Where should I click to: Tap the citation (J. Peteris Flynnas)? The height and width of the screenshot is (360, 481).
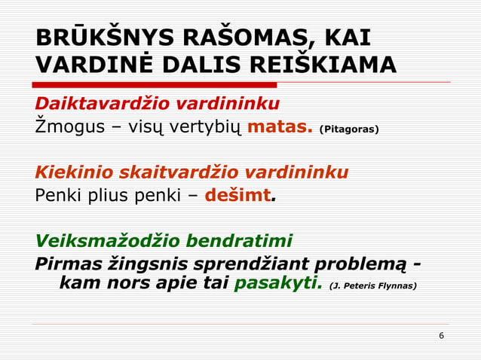pyautogui.click(x=374, y=287)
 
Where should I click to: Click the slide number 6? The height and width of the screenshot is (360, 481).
pyautogui.click(x=441, y=334)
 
